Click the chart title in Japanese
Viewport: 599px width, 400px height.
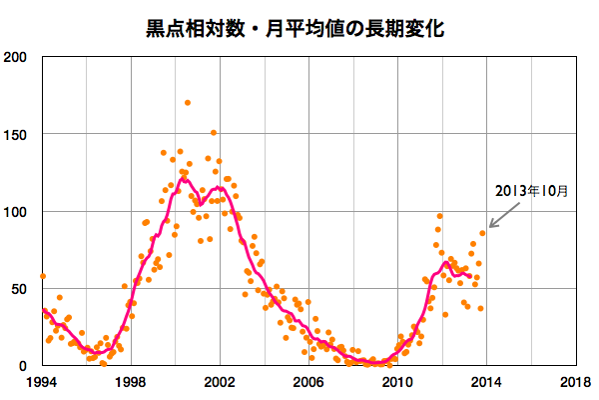tap(299, 27)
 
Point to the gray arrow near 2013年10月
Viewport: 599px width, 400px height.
tap(503, 213)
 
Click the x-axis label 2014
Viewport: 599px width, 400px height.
tap(485, 383)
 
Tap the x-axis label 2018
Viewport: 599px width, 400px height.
tap(574, 383)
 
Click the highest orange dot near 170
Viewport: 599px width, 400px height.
tap(188, 103)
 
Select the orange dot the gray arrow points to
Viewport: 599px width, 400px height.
tap(482, 233)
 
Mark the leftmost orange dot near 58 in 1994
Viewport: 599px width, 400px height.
tap(42, 276)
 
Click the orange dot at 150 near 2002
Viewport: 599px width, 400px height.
tap(214, 133)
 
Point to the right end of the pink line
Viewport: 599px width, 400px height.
tap(469, 276)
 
